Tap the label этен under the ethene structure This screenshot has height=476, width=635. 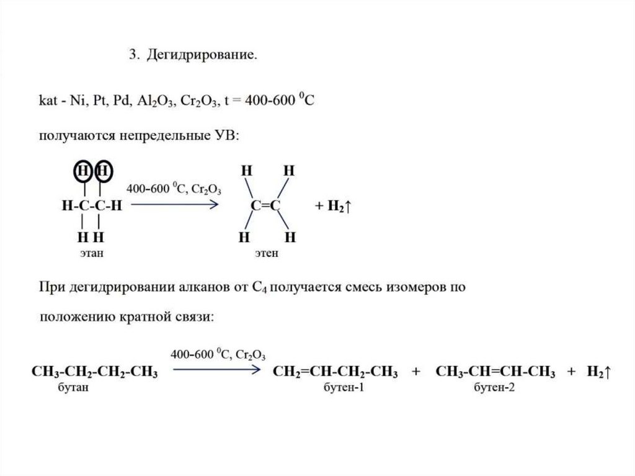point(267,253)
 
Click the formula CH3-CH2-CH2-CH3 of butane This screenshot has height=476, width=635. point(94,372)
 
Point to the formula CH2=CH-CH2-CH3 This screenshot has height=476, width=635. point(335,372)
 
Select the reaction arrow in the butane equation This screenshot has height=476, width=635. point(215,370)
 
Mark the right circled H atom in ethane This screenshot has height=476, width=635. point(103,171)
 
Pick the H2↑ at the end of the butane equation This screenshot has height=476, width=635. point(600,372)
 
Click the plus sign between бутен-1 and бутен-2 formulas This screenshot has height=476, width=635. point(415,372)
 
